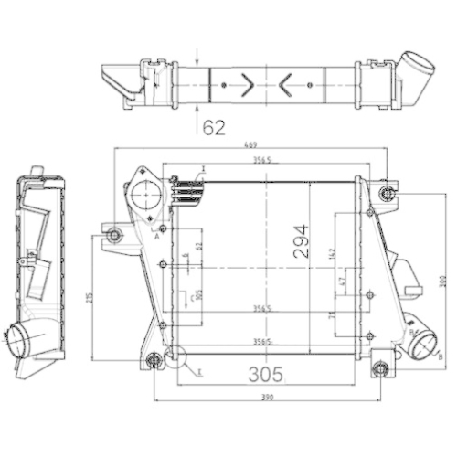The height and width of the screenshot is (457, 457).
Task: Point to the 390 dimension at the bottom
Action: tap(268, 398)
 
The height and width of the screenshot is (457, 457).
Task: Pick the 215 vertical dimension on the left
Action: tap(88, 299)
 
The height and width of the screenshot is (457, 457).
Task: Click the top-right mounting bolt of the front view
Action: tap(387, 193)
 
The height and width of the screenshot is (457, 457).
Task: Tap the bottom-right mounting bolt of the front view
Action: tap(381, 370)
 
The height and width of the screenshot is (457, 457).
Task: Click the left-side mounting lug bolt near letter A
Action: tap(113, 237)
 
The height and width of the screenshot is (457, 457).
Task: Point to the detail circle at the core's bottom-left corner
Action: tap(174, 359)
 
